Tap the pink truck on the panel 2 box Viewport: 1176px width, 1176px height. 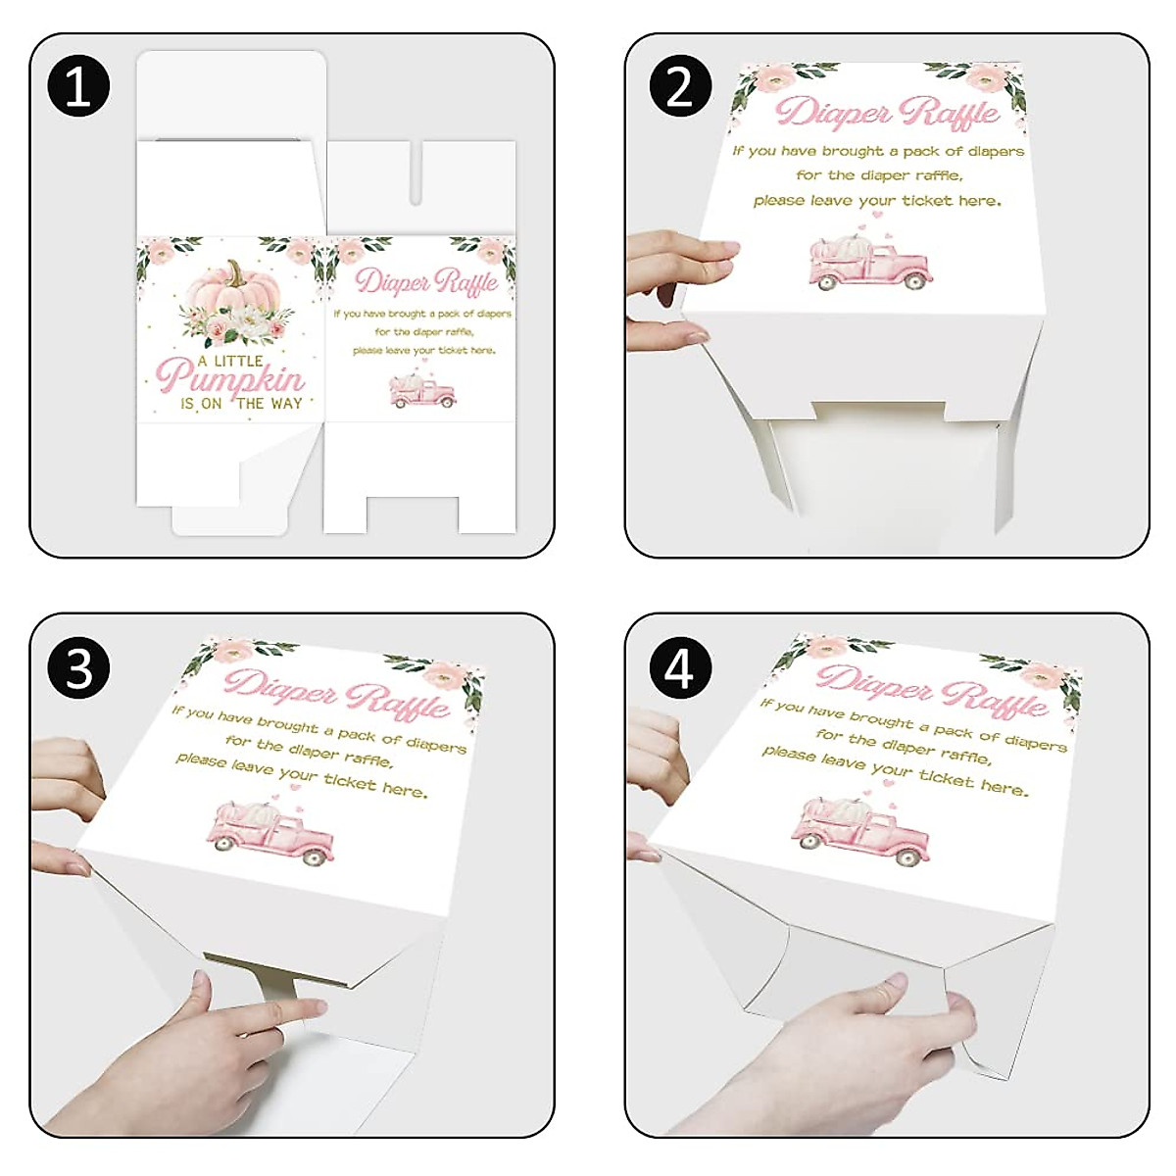coord(869,263)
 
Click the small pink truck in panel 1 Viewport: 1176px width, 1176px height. coord(422,391)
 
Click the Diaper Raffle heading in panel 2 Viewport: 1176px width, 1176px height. coord(887,112)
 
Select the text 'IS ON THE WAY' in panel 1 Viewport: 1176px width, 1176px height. coord(241,404)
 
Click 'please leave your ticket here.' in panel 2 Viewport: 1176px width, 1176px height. coord(877,201)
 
